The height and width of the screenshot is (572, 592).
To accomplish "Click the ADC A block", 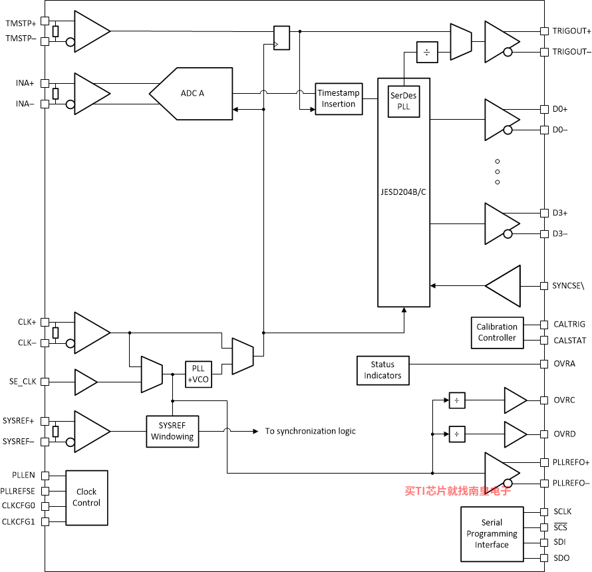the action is coord(192,94).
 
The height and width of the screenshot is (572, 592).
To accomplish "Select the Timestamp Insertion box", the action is coord(339,99).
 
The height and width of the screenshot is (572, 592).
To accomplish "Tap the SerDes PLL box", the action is coord(404,101).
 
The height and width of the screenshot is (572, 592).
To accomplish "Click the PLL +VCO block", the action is coord(198,374).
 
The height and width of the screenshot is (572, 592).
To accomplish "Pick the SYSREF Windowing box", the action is coord(172,431).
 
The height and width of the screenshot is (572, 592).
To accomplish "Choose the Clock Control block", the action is coord(86,498).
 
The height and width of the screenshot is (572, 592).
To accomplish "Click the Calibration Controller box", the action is coord(497,333).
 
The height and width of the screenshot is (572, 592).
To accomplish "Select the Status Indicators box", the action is coord(382,370).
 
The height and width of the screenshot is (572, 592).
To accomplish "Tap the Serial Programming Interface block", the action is coord(492,534).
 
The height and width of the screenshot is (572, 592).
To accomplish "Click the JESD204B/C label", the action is coord(403,192).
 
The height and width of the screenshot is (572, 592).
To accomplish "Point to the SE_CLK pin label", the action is coord(23,382).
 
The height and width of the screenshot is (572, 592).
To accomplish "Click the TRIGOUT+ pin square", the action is coord(544,31).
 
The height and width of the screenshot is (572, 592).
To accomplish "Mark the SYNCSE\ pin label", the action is coord(568,286).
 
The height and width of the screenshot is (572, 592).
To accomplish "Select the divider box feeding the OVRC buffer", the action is coord(457,400).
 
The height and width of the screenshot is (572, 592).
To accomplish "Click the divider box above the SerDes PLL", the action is coord(427,52).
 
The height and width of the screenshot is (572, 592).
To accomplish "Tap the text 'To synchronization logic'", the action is coord(311,431).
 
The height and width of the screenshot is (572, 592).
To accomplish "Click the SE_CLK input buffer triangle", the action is coord(86,382).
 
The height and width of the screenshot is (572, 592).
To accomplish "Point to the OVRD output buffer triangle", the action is coord(516,434).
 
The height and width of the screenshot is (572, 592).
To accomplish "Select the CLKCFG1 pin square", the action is coord(45,522).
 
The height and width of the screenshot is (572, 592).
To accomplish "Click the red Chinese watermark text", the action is coord(458,491).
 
